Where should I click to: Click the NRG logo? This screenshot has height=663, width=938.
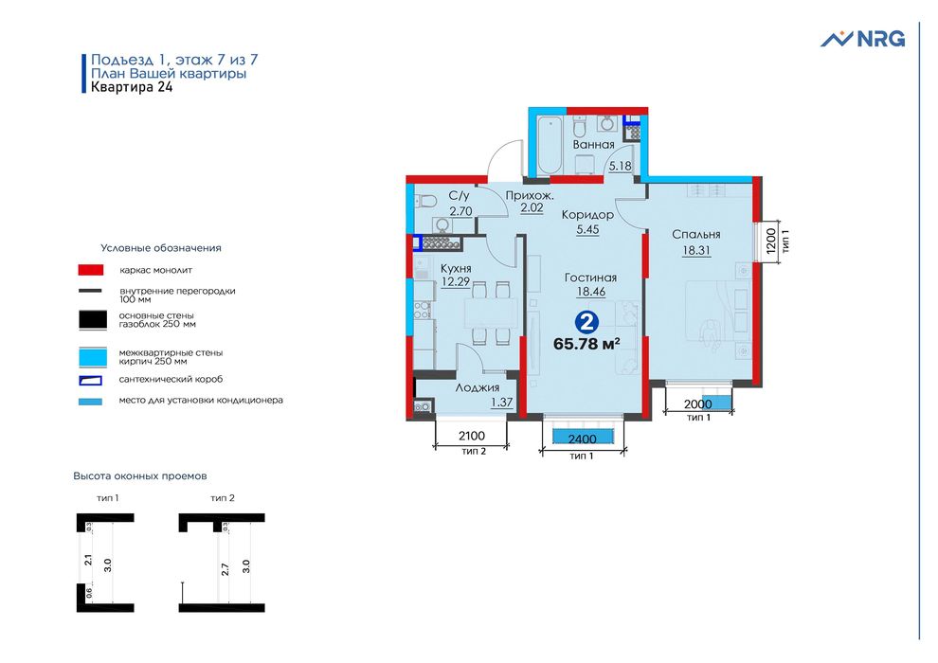pyautogui.click(x=862, y=39)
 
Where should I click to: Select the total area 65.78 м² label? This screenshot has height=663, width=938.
pyautogui.click(x=586, y=344)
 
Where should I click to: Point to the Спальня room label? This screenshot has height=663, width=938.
pyautogui.click(x=696, y=235)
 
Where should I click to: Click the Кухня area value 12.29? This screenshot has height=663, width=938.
pyautogui.click(x=457, y=282)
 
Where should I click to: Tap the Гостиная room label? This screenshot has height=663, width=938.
pyautogui.click(x=590, y=278)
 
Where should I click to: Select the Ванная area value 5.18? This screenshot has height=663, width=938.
pyautogui.click(x=620, y=166)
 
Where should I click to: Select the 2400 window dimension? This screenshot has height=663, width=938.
pyautogui.click(x=582, y=439)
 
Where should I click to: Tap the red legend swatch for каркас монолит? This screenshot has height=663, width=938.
pyautogui.click(x=91, y=269)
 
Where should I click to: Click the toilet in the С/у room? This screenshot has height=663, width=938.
pyautogui.click(x=426, y=200)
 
